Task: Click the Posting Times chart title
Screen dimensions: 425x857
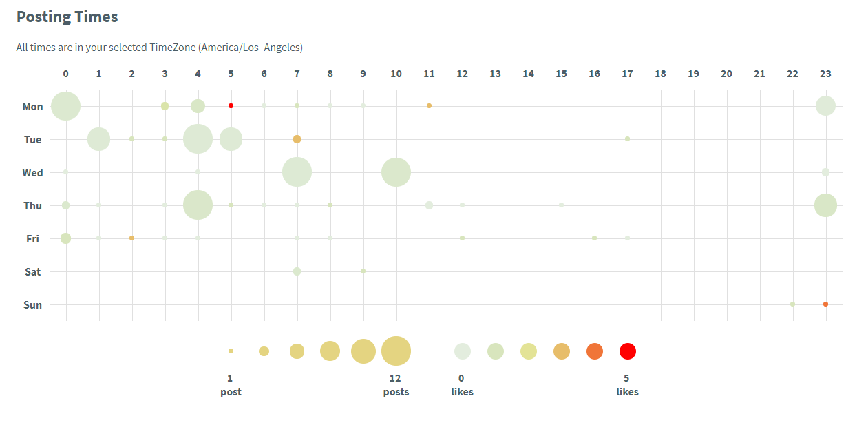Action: point(67,17)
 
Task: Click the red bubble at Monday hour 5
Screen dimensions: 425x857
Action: point(231,105)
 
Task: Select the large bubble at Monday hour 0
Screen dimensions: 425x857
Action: point(66,106)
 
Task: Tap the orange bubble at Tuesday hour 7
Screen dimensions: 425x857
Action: point(297,139)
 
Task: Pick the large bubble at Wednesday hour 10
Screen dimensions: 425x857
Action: point(396,172)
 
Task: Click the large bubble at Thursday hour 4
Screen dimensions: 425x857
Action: point(198,205)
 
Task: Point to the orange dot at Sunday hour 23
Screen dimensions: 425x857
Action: point(825,304)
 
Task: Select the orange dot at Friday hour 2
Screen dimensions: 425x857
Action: point(131,238)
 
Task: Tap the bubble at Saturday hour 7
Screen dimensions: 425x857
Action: point(297,271)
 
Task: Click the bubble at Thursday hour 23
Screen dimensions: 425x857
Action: point(825,205)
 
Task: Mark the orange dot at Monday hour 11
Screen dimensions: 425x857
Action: point(429,105)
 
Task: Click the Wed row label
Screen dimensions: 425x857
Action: point(32,173)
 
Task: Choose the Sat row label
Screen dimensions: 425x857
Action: point(33,272)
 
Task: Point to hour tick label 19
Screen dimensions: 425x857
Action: point(693,73)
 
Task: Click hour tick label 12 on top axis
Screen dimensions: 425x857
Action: point(462,73)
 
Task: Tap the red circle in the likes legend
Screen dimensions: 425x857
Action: point(627,351)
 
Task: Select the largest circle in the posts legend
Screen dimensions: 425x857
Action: point(396,351)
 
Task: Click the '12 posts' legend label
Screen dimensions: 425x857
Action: point(396,385)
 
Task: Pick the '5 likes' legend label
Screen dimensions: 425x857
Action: point(627,385)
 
